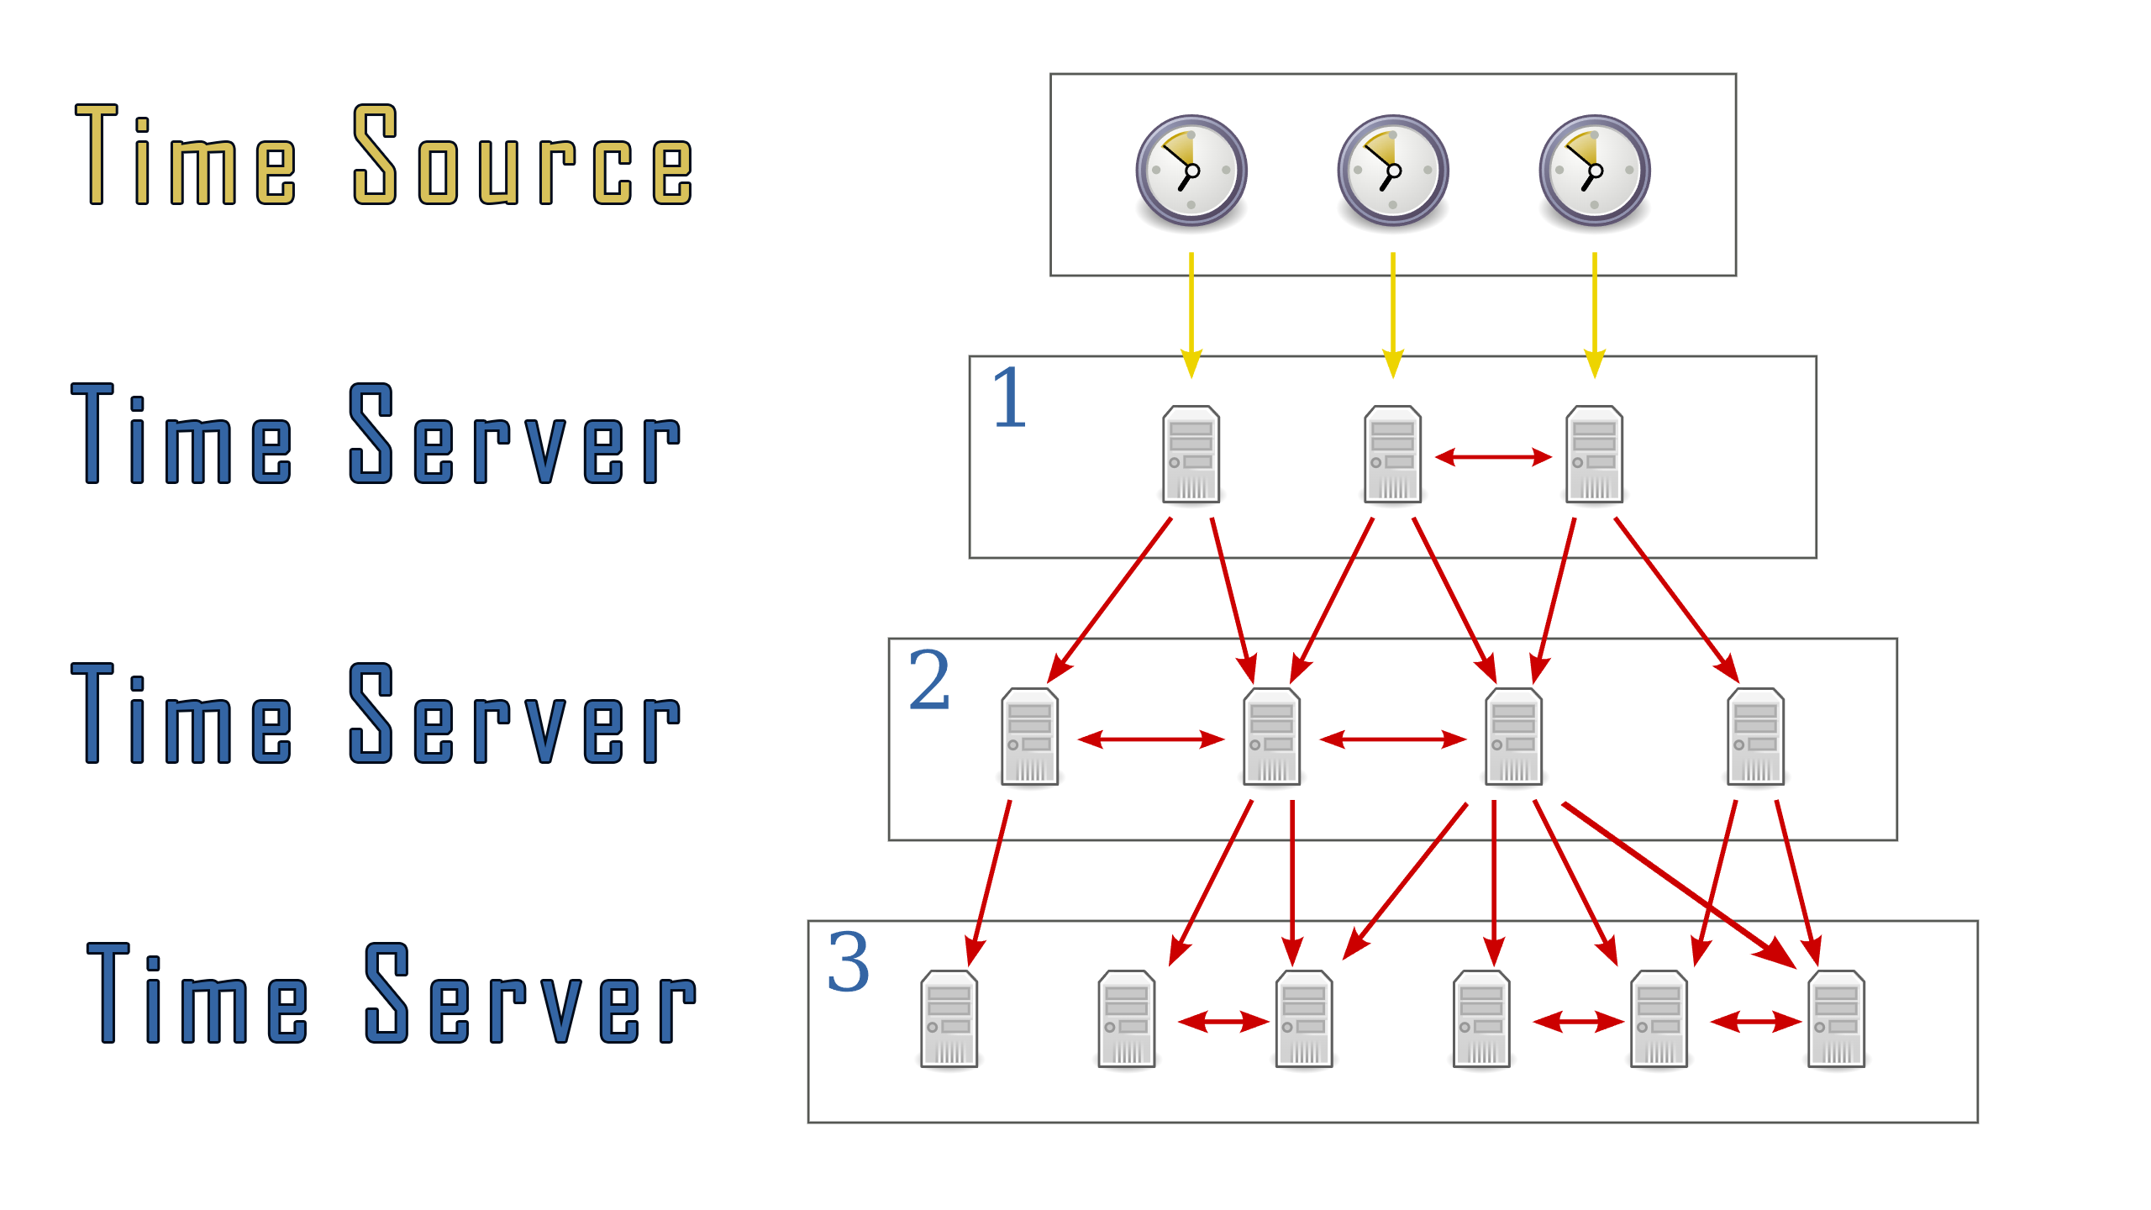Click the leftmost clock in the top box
click(x=1191, y=171)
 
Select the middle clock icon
click(x=1392, y=171)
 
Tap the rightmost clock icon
click(x=1594, y=171)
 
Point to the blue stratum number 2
click(x=928, y=680)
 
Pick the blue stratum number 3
click(x=848, y=962)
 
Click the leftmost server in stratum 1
click(x=1191, y=455)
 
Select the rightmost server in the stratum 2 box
click(x=1755, y=737)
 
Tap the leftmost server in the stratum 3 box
click(x=949, y=1019)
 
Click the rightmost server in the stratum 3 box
click(x=1836, y=1019)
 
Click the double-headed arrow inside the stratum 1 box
click(x=1493, y=457)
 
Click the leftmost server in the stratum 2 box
click(x=1029, y=737)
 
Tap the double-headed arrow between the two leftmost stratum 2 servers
click(x=1150, y=739)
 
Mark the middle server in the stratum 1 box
click(x=1392, y=455)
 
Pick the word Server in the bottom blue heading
click(x=530, y=996)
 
